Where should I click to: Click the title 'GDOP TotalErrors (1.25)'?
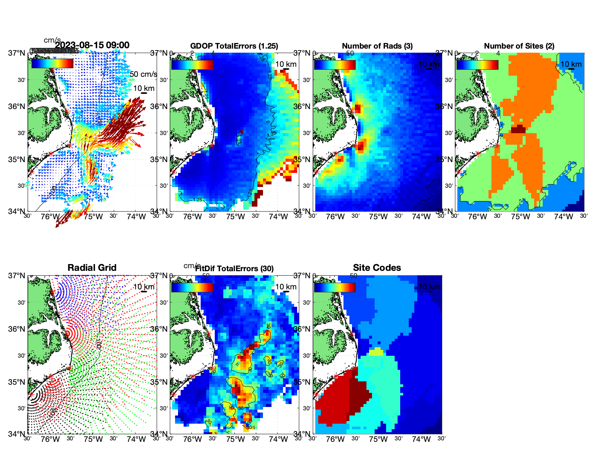[234, 46]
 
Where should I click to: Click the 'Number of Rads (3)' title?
[377, 46]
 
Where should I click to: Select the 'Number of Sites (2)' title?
[519, 46]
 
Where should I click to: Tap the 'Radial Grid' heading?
[92, 268]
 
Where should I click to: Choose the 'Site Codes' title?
[377, 268]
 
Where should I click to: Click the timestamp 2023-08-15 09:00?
[92, 45]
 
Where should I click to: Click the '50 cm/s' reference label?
[143, 74]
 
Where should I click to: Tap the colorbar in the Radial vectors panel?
[52, 64]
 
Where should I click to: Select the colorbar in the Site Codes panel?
[335, 287]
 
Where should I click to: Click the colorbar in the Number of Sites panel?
[477, 65]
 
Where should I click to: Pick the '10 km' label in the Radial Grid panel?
[144, 287]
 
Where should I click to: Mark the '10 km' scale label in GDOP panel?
[286, 64]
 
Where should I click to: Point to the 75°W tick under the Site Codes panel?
[378, 439]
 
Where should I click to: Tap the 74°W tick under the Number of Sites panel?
[563, 217]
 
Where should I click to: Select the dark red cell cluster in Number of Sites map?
[519, 129]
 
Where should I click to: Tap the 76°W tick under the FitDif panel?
[193, 439]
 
